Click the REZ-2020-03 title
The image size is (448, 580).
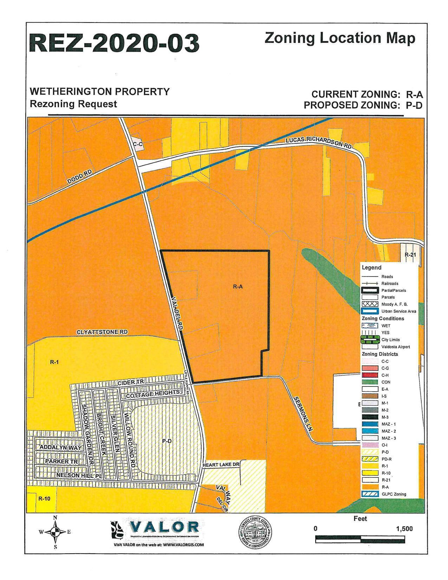(x=115, y=43)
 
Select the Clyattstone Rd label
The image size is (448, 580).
(x=102, y=332)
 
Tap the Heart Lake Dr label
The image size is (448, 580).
(x=221, y=464)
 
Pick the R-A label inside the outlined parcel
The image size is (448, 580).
(x=238, y=287)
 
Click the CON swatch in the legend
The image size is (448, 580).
(x=369, y=382)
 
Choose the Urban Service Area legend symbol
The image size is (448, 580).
(x=369, y=311)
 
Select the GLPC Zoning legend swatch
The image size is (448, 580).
(x=369, y=494)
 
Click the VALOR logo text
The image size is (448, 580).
(x=165, y=527)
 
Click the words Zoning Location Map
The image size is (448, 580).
(x=340, y=38)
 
